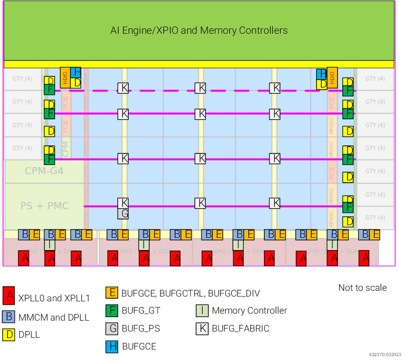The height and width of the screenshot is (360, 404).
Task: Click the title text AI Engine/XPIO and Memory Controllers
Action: click(x=199, y=30)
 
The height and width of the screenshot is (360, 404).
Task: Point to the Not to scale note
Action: click(x=362, y=288)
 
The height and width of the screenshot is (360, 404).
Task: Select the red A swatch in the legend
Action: click(x=9, y=296)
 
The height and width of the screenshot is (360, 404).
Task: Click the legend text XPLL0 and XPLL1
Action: click(x=54, y=298)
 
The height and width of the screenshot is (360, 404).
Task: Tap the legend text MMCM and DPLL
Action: click(x=54, y=317)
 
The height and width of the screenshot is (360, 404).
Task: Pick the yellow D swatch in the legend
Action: click(x=9, y=334)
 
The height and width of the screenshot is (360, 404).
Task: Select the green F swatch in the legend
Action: click(x=112, y=311)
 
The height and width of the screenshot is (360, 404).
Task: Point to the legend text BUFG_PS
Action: click(x=140, y=328)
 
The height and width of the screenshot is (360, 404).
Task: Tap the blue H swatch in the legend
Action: click(x=112, y=346)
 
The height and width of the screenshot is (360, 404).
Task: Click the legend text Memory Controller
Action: click(x=249, y=311)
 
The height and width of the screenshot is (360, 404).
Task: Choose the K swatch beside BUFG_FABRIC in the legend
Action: click(x=202, y=328)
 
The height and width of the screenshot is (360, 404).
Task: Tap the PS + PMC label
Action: click(x=45, y=205)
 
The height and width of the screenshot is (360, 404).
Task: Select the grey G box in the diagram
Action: click(x=123, y=213)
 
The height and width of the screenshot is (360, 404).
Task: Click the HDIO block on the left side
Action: click(x=65, y=78)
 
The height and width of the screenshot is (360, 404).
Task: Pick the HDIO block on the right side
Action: click(x=332, y=78)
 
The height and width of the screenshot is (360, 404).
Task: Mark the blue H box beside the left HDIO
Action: click(x=76, y=72)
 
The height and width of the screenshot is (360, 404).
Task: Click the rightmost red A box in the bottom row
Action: click(x=364, y=259)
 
